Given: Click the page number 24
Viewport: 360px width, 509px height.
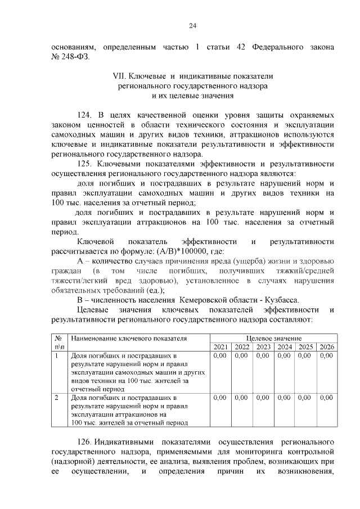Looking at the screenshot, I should [191, 25].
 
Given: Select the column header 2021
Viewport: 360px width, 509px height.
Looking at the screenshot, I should [220, 347].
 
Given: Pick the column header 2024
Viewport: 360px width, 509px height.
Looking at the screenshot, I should [285, 347].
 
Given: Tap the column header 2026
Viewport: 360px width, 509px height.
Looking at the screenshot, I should [326, 347].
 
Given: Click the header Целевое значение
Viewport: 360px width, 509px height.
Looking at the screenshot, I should [273, 338].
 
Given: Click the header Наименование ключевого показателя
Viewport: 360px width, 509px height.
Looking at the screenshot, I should [129, 338].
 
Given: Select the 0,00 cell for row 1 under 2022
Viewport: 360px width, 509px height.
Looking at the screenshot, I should [241, 356].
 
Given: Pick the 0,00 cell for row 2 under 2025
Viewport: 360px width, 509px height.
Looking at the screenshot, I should [305, 398].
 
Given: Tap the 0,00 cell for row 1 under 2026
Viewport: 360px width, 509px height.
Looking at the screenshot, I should [326, 356].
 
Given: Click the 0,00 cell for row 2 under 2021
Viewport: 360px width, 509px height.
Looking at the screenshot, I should [220, 398].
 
